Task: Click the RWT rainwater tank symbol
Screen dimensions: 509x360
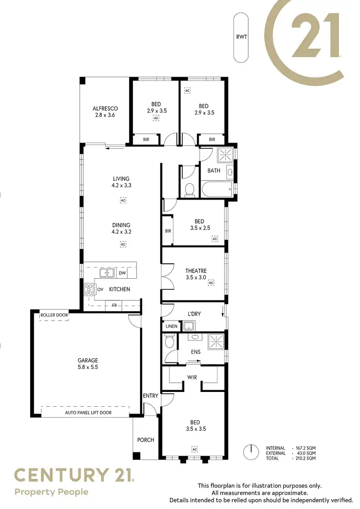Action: click(x=241, y=37)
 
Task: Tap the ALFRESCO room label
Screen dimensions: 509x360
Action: click(x=105, y=108)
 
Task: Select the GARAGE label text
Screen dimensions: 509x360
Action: click(x=88, y=360)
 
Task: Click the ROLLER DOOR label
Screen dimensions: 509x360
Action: click(x=54, y=315)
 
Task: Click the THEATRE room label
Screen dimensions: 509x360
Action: click(x=196, y=271)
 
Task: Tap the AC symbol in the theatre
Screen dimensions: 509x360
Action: click(x=211, y=283)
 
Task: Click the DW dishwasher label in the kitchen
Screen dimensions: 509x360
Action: click(x=122, y=273)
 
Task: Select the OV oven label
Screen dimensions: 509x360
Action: click(x=100, y=289)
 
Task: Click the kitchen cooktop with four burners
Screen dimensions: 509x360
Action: click(x=89, y=289)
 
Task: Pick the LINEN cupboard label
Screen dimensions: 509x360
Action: click(x=171, y=327)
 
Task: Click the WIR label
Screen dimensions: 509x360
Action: click(x=192, y=378)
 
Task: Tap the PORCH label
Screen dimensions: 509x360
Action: click(x=145, y=440)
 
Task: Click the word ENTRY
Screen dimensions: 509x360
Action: click(x=150, y=396)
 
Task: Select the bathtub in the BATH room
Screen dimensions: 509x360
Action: click(x=217, y=189)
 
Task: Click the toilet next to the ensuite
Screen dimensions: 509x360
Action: click(x=169, y=342)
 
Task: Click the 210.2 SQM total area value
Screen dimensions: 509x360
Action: click(x=305, y=459)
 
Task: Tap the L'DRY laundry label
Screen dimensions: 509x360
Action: click(x=194, y=314)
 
